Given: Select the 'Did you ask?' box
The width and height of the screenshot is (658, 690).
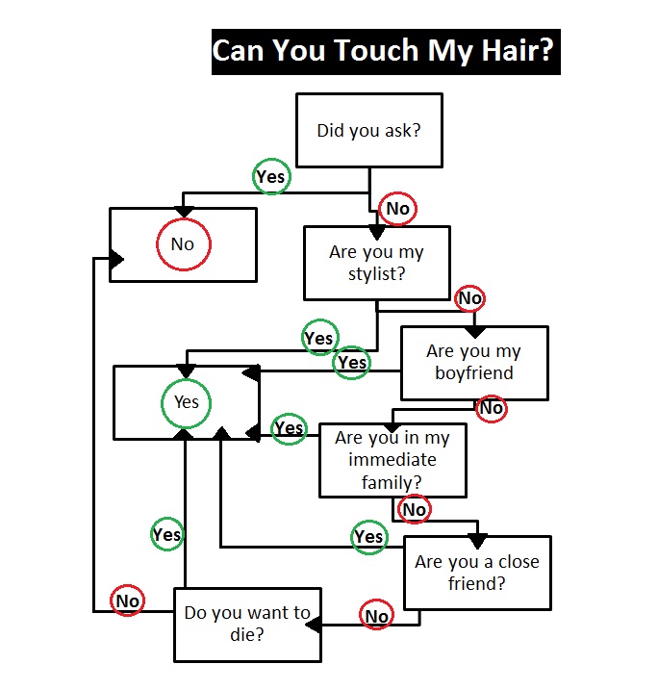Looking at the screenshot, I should [369, 130].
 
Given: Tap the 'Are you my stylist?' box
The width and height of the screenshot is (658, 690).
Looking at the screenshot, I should [376, 263].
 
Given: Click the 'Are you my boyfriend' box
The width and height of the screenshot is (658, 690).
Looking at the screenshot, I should [474, 362].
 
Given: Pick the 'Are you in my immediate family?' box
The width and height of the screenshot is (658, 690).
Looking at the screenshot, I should [392, 460].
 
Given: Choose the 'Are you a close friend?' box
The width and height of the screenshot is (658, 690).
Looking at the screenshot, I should [477, 573].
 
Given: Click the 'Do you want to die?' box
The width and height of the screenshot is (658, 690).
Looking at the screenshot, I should [247, 624].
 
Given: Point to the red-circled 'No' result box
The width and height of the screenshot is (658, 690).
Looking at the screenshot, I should [183, 244].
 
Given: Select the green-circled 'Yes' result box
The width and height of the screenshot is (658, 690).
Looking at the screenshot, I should [187, 401].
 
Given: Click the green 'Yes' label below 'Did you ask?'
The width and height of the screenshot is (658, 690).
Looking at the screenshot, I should [271, 177].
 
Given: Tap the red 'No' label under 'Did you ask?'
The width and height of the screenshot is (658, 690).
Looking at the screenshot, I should [397, 209].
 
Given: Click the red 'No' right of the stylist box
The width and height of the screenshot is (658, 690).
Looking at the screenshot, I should [469, 298].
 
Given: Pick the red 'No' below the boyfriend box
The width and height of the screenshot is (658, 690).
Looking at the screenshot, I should [492, 408].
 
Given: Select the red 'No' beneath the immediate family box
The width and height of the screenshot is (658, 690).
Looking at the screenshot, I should [414, 509].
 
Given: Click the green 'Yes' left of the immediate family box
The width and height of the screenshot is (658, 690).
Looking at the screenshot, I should [289, 428].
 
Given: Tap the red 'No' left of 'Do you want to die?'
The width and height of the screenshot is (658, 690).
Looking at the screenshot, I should [127, 601].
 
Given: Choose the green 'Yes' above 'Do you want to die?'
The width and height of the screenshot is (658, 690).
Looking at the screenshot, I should [166, 534].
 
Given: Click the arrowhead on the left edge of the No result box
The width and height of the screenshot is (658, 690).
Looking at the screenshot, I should [116, 259].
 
